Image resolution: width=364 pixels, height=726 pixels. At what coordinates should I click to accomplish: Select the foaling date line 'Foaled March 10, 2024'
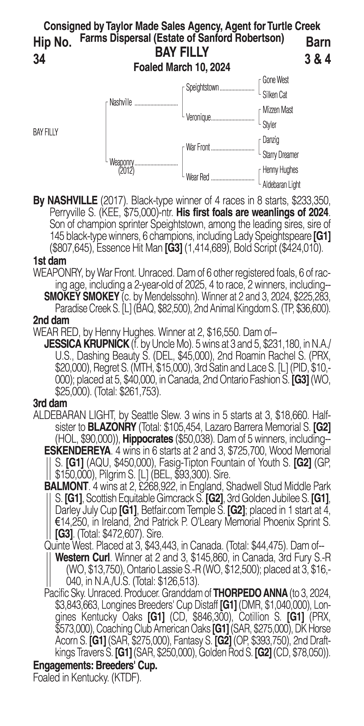click(182, 67)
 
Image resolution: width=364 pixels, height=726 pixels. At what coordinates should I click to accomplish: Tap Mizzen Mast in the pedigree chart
click(278, 110)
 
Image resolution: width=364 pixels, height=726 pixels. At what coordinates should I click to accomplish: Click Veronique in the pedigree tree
click(198, 118)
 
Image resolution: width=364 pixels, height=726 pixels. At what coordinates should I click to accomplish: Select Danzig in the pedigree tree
click(271, 140)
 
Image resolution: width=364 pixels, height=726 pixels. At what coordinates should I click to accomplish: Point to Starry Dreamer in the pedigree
click(280, 155)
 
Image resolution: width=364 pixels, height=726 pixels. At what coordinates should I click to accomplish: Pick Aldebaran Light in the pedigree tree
click(281, 185)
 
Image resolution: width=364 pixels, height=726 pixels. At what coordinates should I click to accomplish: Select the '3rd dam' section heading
click(50, 403)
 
